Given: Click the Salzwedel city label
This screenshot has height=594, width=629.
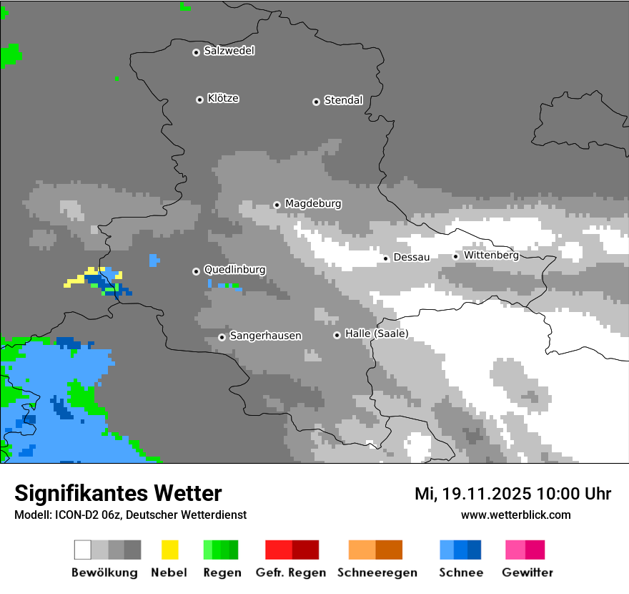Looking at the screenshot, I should pos(229,51).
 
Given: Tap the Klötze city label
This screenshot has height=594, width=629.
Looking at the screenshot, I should pos(223,98).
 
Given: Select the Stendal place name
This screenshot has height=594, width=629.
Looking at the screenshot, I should pos(343,100).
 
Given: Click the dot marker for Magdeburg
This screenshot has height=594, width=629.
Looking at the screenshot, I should pos(277,205).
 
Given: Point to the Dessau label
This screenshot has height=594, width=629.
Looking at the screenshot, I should pos(412,257).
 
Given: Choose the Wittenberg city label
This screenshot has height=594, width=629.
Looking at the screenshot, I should pos(491,255).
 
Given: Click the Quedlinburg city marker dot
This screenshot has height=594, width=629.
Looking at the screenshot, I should pos(196,271).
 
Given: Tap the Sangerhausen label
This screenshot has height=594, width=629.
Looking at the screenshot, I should pos(265,336).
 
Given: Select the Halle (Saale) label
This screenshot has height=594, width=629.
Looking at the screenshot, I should pos(376,333).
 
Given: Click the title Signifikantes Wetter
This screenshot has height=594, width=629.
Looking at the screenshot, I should pos(118,493).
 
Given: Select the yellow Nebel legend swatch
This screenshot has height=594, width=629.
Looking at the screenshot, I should pos(169,550).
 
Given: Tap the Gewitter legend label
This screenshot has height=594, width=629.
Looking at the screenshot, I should pos(527,573).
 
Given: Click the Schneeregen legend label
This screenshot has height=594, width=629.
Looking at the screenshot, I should pos(377,573).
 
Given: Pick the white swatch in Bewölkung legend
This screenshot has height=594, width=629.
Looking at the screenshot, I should pos(83,550).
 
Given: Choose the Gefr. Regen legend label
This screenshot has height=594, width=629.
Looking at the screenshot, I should pos(290,573).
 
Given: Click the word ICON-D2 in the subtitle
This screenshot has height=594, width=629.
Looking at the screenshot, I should pos(78,515).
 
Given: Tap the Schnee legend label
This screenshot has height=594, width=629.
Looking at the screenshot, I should pos(460,573).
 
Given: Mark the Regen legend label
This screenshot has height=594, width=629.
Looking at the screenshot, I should pos(222,573).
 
